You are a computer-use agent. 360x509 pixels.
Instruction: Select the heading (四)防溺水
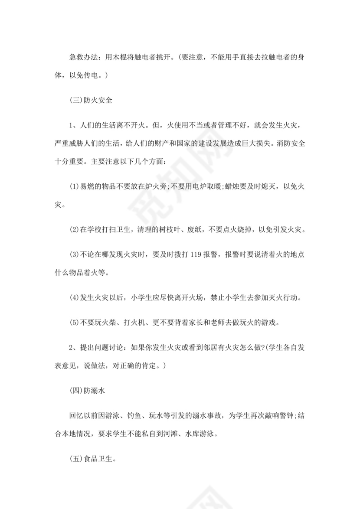[87, 391]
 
